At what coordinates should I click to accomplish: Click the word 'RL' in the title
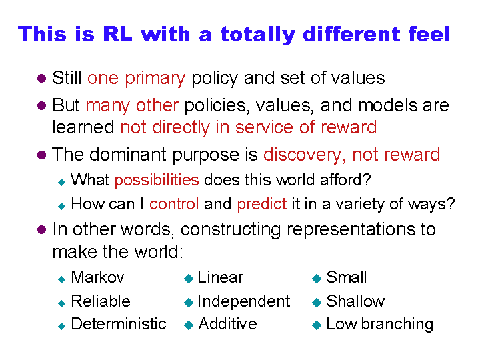click(x=117, y=34)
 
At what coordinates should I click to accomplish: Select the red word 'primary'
click(x=155, y=79)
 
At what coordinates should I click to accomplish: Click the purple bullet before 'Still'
click(x=41, y=78)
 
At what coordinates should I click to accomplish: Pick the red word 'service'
click(x=264, y=127)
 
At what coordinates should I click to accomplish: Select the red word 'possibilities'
click(x=157, y=180)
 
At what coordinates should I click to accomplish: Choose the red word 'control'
click(x=174, y=204)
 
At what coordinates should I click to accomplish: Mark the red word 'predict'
click(x=262, y=205)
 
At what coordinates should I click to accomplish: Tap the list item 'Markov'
click(x=97, y=277)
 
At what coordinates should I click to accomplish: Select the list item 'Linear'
click(x=221, y=277)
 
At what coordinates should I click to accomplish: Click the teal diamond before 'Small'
click(x=317, y=278)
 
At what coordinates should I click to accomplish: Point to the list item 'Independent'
click(x=244, y=301)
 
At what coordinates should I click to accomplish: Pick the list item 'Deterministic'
click(x=119, y=323)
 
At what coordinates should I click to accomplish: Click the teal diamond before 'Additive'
click(x=189, y=325)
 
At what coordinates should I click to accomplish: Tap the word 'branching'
click(x=397, y=325)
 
